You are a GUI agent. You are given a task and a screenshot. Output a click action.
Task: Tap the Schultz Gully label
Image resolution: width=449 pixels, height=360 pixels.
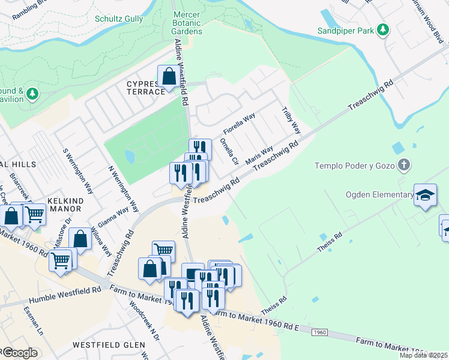pos(119,19)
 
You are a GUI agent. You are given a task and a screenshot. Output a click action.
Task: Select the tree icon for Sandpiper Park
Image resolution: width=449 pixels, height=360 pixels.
pos(382,30)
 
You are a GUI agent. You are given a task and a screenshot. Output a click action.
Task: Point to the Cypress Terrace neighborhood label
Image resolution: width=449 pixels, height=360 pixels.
pos(145,87)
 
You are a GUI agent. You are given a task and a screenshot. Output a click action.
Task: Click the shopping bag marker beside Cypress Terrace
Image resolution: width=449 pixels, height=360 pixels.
pos(169,77)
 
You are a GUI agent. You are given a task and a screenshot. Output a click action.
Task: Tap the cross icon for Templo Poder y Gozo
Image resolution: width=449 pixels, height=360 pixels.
pos(405,164)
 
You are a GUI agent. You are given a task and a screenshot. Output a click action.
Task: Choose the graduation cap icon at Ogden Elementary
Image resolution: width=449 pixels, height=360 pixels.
pos(425,195)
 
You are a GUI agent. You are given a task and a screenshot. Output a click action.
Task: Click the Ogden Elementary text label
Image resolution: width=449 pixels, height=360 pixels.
pos(379,194)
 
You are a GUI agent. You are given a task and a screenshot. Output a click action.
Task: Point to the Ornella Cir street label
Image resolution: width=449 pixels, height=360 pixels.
pos(229,153)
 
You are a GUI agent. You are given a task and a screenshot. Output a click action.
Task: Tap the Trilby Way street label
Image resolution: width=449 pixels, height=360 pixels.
pos(291,121)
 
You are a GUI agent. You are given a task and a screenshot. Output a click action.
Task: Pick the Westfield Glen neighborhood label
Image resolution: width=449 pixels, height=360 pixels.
pos(109,345)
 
